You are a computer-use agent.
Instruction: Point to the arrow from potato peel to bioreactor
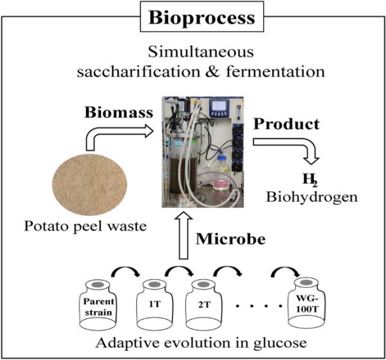116,135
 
